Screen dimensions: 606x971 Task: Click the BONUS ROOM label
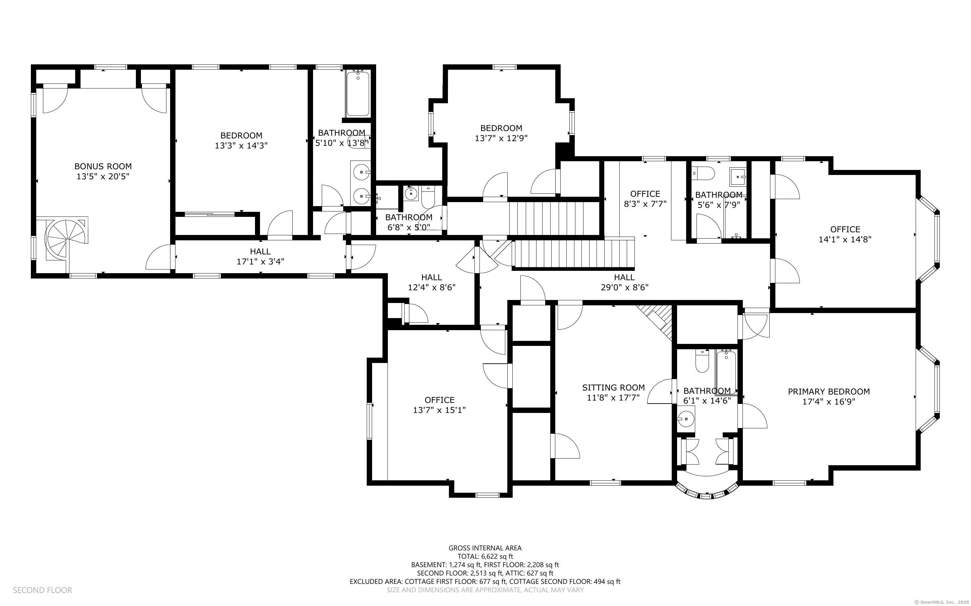coord(103,166)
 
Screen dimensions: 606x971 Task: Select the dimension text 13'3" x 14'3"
coord(241,145)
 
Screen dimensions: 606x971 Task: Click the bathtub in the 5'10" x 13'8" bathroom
coord(358,94)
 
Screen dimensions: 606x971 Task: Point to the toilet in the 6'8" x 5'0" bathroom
coord(428,198)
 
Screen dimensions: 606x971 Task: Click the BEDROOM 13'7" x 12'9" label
coord(501,128)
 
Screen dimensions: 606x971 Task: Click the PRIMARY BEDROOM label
coord(829,391)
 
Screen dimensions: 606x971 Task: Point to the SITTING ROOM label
coord(613,387)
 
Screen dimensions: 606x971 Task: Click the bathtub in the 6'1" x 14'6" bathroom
coord(726,372)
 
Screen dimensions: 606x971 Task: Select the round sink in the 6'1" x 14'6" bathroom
coord(685,420)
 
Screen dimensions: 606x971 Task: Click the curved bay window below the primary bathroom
coord(707,491)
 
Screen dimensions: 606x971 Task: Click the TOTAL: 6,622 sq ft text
coord(485,556)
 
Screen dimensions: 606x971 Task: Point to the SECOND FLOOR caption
coord(43,590)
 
